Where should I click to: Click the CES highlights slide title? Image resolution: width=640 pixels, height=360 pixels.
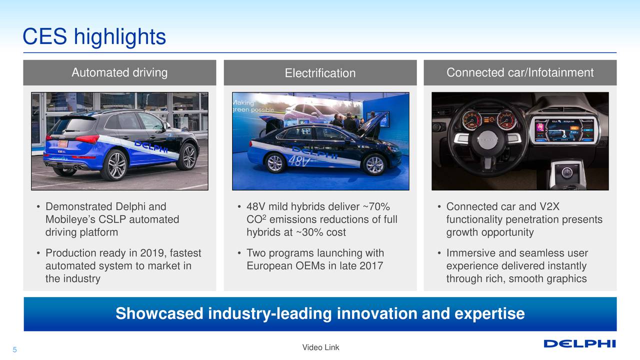94,37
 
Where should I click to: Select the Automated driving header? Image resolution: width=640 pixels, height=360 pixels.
119,72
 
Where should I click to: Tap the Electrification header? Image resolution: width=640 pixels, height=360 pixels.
320,73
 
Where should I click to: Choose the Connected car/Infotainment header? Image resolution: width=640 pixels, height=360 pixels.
520,72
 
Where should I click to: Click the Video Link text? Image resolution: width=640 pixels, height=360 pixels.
320,347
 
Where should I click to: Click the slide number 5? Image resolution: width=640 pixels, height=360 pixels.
14,350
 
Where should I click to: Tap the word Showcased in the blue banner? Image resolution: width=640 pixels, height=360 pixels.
159,313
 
